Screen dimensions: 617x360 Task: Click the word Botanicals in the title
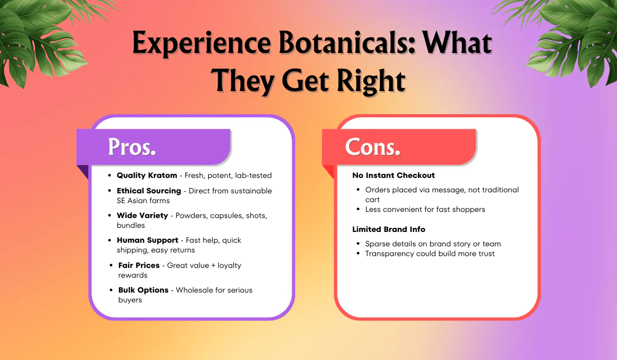pos(347,43)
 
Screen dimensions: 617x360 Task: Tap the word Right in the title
pos(371,81)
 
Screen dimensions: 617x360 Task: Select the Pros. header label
pos(132,147)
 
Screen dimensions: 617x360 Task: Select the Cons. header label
pos(372,147)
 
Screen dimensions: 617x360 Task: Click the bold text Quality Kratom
pos(147,175)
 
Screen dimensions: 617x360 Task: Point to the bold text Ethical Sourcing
pos(149,191)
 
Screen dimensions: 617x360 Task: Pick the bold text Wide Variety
pos(142,215)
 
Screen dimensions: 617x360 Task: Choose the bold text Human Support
pos(148,240)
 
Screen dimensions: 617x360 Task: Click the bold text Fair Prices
pos(139,265)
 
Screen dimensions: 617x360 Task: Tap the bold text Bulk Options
pos(143,290)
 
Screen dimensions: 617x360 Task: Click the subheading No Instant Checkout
pos(393,175)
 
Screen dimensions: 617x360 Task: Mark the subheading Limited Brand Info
pos(389,229)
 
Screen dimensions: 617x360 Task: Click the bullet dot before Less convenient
pos(358,209)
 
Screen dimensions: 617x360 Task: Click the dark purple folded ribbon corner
pos(83,171)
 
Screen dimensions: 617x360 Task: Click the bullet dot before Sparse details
pos(358,244)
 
